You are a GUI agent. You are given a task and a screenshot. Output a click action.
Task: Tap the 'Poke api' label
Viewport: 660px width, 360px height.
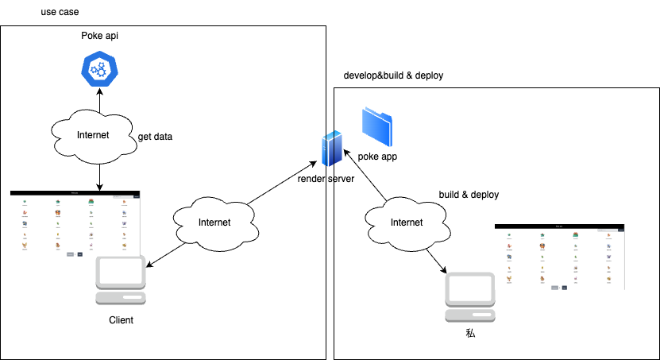tap(99, 36)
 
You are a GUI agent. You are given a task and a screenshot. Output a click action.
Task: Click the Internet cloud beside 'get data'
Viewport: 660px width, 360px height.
tap(93, 135)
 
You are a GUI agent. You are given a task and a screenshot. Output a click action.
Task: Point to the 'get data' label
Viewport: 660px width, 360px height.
tap(155, 137)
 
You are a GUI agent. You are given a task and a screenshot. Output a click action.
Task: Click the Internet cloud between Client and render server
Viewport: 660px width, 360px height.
tap(214, 223)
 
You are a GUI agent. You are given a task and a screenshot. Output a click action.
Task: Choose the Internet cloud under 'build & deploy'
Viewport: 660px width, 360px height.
tap(407, 223)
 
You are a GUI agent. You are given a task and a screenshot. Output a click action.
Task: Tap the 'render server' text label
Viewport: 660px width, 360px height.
tap(326, 179)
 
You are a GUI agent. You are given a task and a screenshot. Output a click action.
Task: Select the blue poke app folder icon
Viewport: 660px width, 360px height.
tap(376, 125)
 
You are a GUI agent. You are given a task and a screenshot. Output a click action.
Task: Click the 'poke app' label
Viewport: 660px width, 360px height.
tap(377, 157)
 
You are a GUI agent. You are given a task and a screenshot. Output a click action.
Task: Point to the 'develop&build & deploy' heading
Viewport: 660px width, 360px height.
tap(392, 75)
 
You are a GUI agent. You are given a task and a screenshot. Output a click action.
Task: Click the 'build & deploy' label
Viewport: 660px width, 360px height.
tap(469, 195)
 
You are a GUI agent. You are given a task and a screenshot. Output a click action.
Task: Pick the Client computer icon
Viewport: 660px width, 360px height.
tap(121, 281)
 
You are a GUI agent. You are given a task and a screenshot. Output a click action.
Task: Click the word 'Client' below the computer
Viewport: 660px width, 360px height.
tap(121, 320)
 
